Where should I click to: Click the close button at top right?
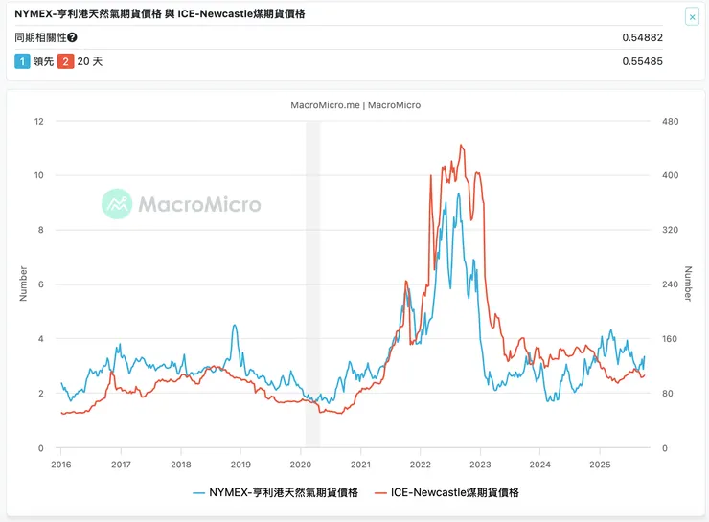tap(692, 16)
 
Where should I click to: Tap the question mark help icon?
tap(73, 38)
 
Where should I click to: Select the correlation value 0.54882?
tap(642, 38)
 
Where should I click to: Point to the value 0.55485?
tap(642, 62)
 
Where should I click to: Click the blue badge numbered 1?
tap(22, 62)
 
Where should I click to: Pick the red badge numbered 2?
tap(65, 62)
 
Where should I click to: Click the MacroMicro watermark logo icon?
tap(117, 203)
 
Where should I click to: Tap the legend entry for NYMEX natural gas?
tap(275, 492)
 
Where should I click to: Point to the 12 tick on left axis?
tap(38, 121)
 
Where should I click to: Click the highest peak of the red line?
tap(461, 146)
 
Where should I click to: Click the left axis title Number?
tap(23, 284)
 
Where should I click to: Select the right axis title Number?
tap(687, 284)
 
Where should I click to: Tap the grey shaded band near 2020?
tap(312, 287)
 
